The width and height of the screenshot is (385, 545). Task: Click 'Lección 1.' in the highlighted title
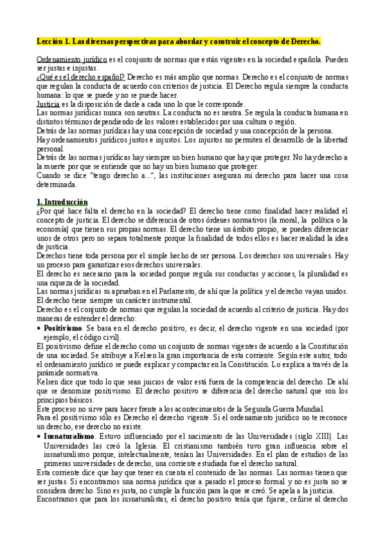coord(53,42)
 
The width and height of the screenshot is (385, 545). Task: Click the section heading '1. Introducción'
coord(62,201)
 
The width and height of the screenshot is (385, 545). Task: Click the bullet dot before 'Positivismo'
coord(39,328)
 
